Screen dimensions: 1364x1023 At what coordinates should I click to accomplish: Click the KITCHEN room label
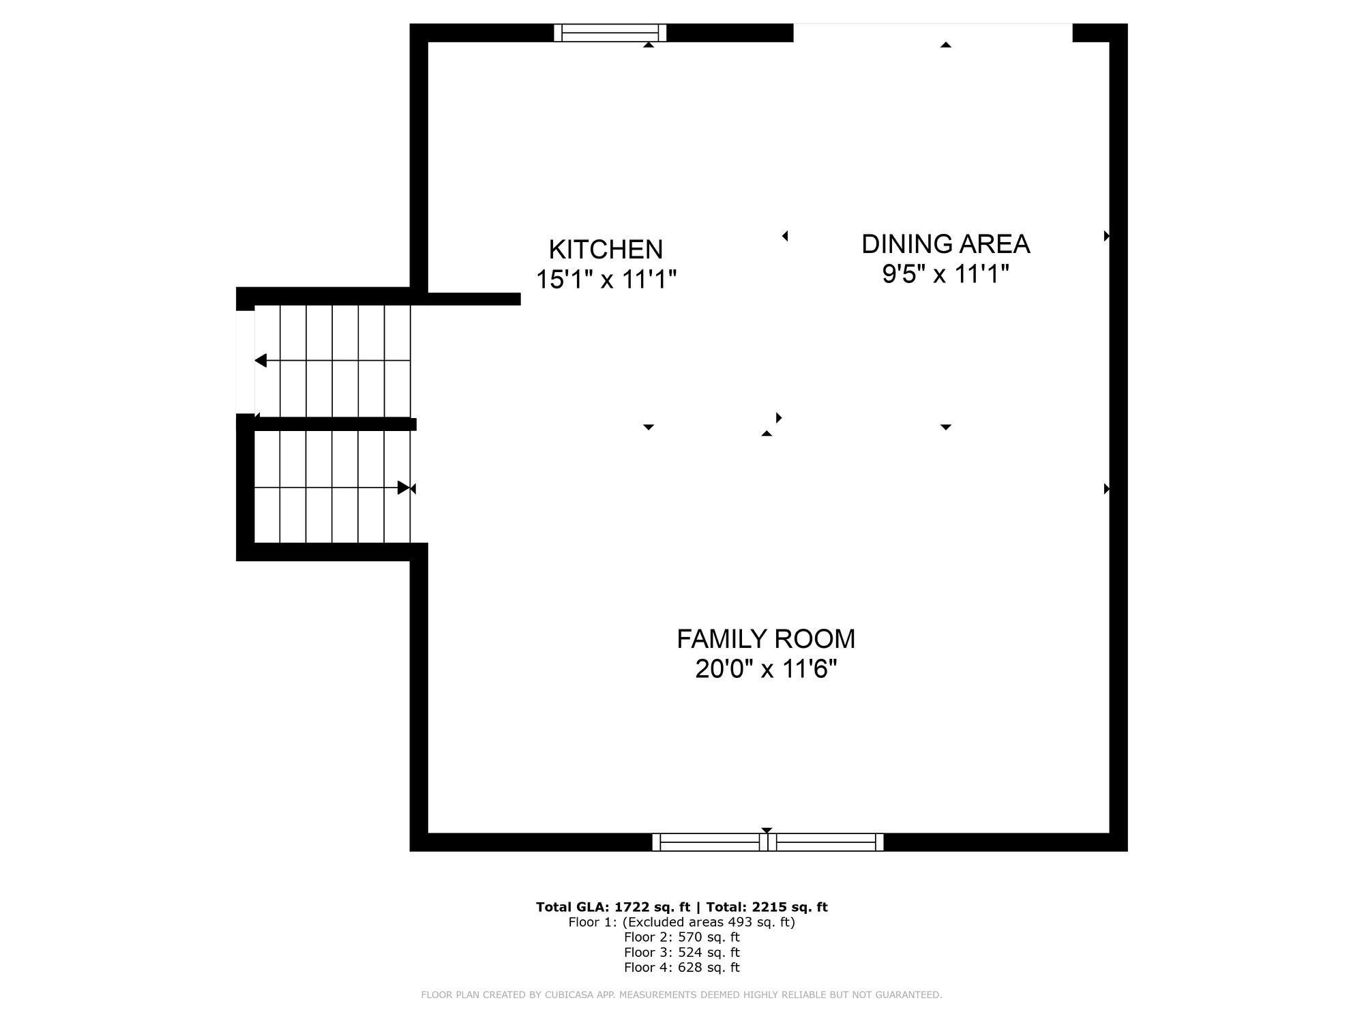pyautogui.click(x=606, y=250)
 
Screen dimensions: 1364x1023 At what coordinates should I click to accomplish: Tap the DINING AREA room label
pyautogui.click(x=945, y=244)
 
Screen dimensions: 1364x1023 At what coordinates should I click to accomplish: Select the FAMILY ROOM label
pyautogui.click(x=766, y=639)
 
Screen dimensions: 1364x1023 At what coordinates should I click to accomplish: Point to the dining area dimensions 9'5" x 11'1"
pyautogui.click(x=945, y=274)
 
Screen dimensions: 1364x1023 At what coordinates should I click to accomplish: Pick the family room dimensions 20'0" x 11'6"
pyautogui.click(x=766, y=669)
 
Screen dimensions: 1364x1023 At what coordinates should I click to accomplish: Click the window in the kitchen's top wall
pyautogui.click(x=610, y=33)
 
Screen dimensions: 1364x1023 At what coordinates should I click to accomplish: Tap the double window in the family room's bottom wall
pyautogui.click(x=768, y=842)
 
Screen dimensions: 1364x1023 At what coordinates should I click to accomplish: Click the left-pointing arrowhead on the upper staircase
pyautogui.click(x=261, y=360)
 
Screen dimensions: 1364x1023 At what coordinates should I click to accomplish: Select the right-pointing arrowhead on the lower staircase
pyautogui.click(x=403, y=488)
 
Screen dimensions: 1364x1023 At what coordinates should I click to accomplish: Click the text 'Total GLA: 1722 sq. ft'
pyautogui.click(x=613, y=907)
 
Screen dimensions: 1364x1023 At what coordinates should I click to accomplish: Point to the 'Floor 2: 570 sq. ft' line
pyautogui.click(x=681, y=937)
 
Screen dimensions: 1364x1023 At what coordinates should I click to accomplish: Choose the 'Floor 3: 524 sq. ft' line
pyautogui.click(x=681, y=952)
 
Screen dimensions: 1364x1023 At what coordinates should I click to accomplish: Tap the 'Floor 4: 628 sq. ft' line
pyautogui.click(x=681, y=967)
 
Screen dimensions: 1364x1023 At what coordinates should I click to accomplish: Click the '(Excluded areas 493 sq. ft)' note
pyautogui.click(x=709, y=922)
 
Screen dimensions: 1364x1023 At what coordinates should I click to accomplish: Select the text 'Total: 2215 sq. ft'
pyautogui.click(x=767, y=907)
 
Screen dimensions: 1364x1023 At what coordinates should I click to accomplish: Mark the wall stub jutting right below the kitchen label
pyautogui.click(x=474, y=299)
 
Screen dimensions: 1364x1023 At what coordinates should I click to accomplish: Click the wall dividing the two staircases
pyautogui.click(x=335, y=424)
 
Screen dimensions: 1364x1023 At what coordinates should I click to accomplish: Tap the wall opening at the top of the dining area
pyautogui.click(x=933, y=33)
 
